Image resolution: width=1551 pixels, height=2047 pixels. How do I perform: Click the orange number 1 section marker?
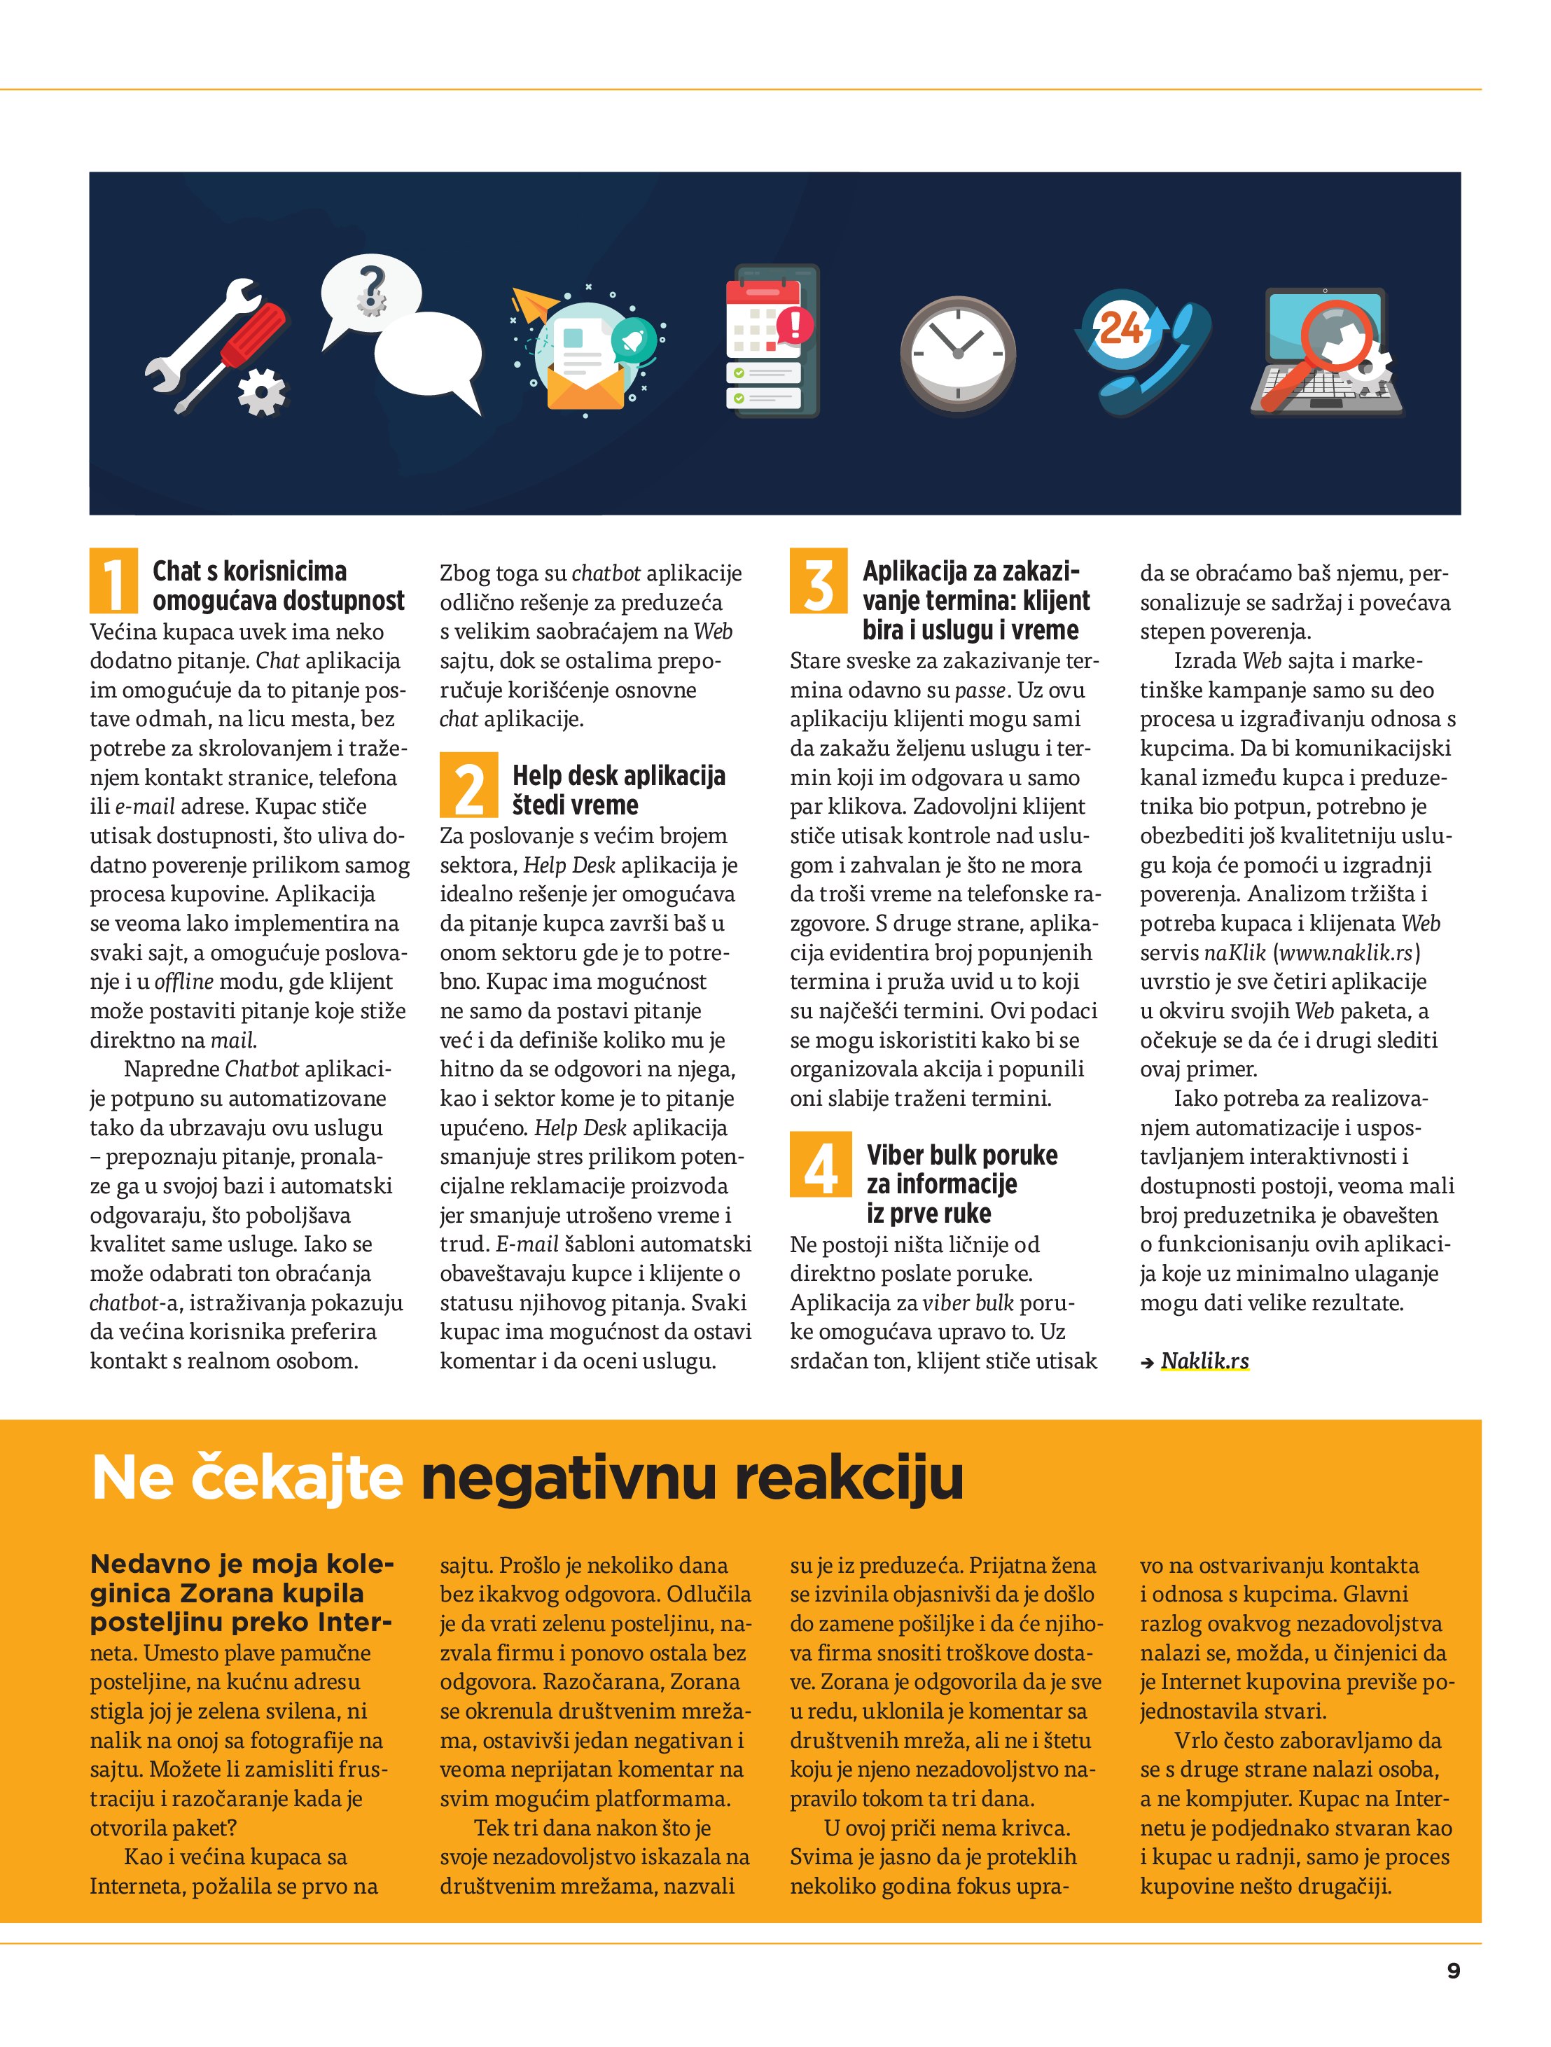(x=114, y=581)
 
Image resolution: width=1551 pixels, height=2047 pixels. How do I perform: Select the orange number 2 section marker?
(x=468, y=786)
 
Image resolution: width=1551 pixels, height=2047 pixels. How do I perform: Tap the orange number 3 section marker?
(x=818, y=581)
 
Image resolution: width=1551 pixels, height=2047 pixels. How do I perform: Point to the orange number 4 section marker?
(x=818, y=1164)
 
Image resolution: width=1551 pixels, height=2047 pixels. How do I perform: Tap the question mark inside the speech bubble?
(x=372, y=288)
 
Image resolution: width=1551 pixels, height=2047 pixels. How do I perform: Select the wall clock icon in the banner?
(x=957, y=354)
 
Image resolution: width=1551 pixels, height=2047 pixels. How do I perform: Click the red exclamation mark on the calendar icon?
(x=795, y=326)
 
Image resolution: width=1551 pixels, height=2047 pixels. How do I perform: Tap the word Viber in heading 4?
(x=896, y=1155)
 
